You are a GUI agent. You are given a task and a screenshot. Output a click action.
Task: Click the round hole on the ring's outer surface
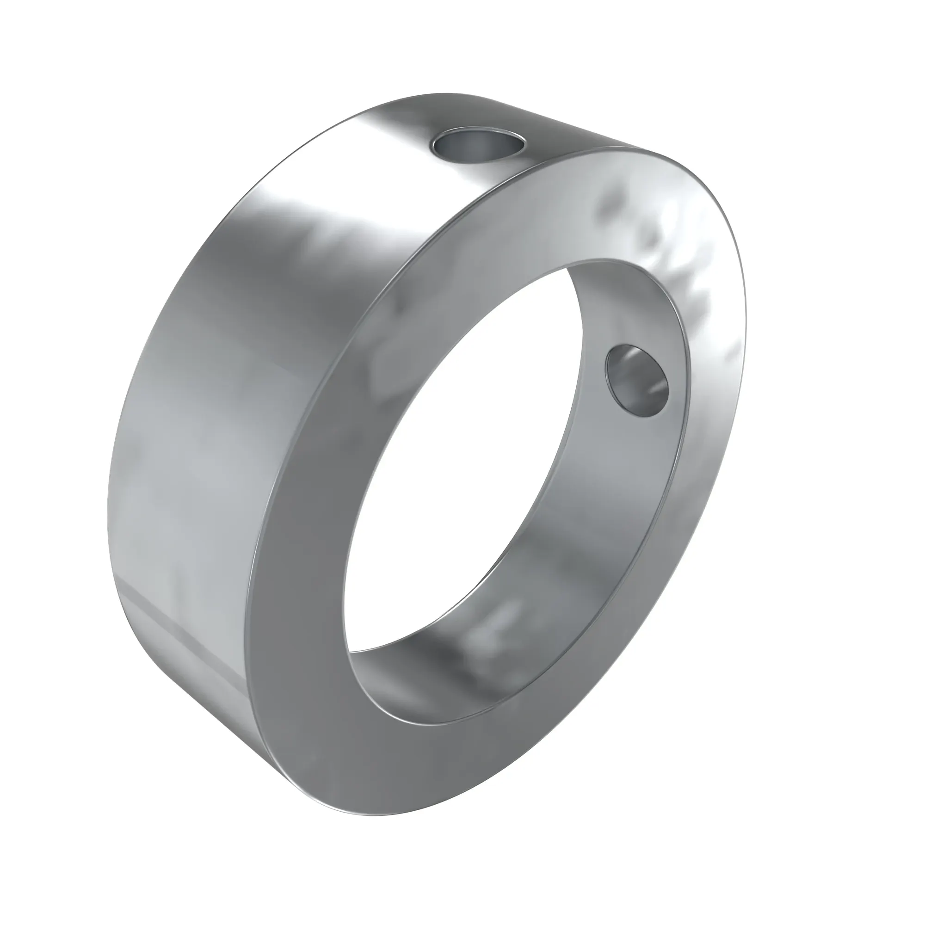(x=479, y=147)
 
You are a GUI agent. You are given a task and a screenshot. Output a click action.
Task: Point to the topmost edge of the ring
(x=445, y=94)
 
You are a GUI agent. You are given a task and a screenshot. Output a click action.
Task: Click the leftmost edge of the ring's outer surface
(x=108, y=479)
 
